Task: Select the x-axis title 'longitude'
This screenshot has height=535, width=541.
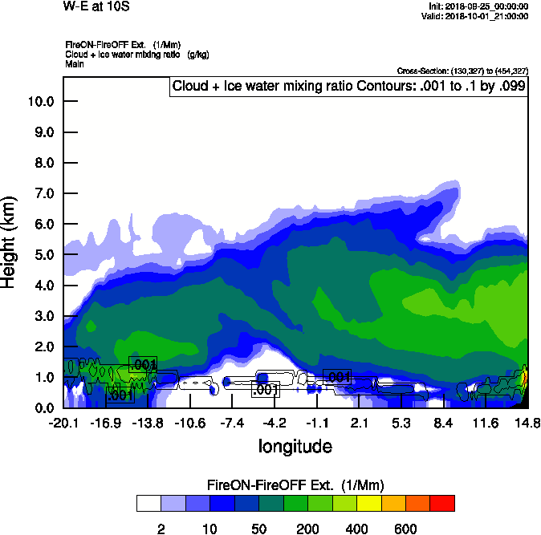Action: [x=295, y=446]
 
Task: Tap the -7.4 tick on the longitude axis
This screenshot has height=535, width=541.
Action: [x=232, y=423]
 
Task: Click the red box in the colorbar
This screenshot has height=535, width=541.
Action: [x=441, y=503]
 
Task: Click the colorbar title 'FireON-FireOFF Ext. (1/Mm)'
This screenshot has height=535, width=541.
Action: [x=295, y=485]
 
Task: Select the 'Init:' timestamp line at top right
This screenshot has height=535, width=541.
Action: [x=479, y=6]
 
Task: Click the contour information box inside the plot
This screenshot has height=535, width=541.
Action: [x=348, y=87]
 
